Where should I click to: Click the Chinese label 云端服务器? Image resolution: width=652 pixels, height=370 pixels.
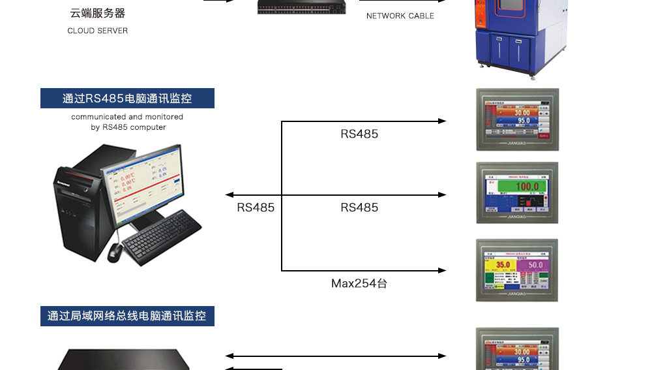pyautogui.click(x=97, y=13)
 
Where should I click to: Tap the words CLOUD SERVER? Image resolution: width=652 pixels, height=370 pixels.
pyautogui.click(x=97, y=31)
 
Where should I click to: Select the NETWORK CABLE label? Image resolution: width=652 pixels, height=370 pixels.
pyautogui.click(x=400, y=16)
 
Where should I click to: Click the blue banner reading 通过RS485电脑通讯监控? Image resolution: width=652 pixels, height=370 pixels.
pyautogui.click(x=127, y=99)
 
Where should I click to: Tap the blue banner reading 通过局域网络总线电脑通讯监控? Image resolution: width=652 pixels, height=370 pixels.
pyautogui.click(x=127, y=316)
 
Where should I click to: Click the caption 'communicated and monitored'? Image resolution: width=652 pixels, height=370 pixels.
pyautogui.click(x=127, y=117)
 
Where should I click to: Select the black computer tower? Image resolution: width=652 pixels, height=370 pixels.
pyautogui.click(x=78, y=202)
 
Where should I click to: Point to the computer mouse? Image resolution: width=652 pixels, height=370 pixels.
pyautogui.click(x=114, y=252)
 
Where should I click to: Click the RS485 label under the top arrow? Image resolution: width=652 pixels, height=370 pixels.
pyautogui.click(x=359, y=134)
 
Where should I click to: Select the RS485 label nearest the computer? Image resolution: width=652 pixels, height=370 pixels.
pyautogui.click(x=256, y=208)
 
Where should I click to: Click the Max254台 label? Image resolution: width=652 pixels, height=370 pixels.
pyautogui.click(x=359, y=284)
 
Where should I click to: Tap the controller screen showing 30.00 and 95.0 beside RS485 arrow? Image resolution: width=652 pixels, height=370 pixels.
pyautogui.click(x=518, y=120)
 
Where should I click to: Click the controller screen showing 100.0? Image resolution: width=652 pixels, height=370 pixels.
pyautogui.click(x=518, y=193)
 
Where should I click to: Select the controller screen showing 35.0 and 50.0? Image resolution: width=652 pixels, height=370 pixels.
pyautogui.click(x=518, y=270)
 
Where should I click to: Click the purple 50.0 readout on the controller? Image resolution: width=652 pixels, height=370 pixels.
pyautogui.click(x=535, y=265)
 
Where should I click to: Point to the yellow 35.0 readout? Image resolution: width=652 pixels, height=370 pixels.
pyautogui.click(x=503, y=265)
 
